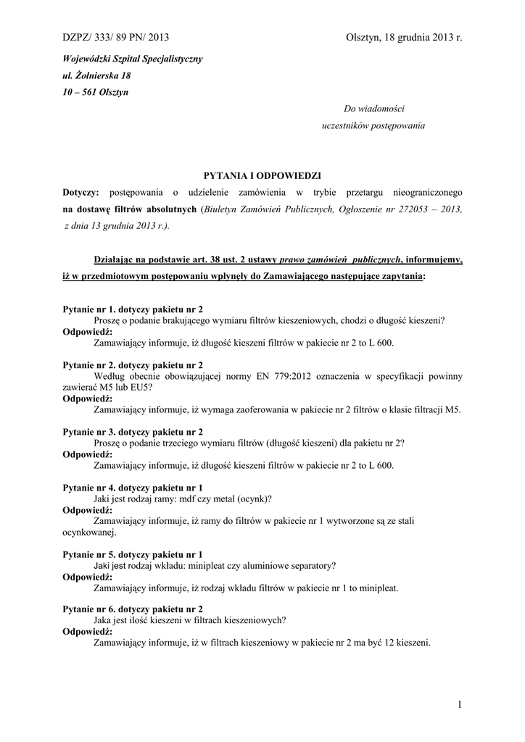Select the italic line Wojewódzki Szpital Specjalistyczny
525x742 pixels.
point(132,58)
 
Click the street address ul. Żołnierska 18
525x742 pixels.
point(96,75)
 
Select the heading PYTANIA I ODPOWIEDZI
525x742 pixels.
point(262,176)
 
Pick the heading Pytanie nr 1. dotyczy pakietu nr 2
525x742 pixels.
point(133,309)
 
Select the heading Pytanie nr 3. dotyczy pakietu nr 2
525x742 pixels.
point(133,432)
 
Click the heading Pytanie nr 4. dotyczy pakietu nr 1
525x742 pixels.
point(133,488)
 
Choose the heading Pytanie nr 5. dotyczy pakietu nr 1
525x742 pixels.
point(133,554)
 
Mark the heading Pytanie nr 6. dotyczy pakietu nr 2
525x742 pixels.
point(133,609)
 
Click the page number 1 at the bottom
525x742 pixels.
point(460,704)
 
